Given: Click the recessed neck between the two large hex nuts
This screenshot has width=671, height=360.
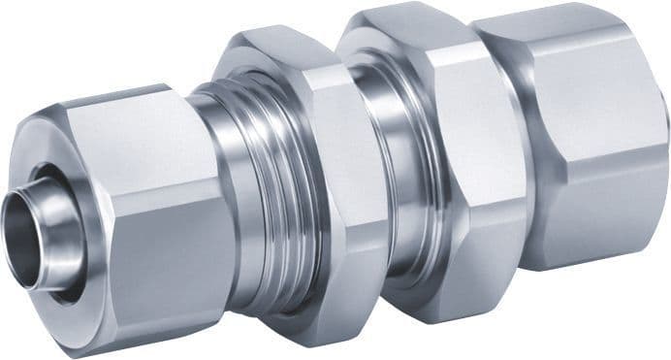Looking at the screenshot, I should click(388, 184).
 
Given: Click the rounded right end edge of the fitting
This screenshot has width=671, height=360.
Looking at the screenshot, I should click(663, 136).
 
